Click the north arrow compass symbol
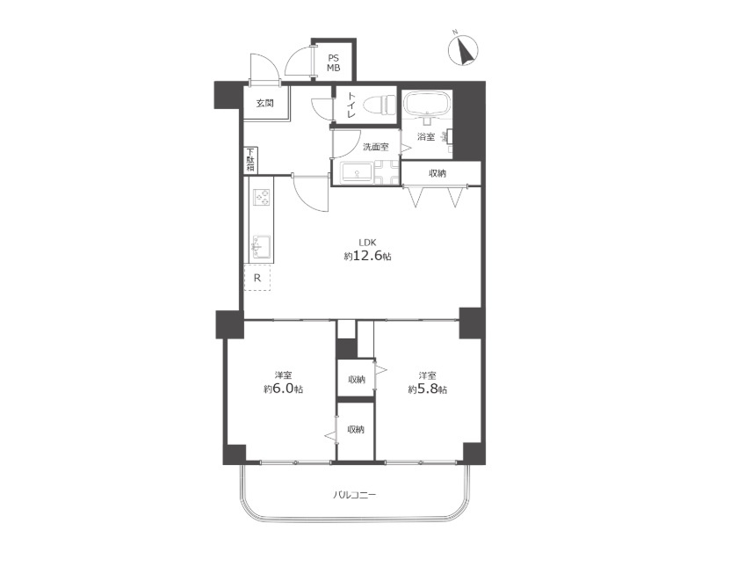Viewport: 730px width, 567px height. [463, 51]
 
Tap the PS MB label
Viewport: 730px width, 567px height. [333, 63]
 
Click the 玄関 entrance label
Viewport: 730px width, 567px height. [265, 103]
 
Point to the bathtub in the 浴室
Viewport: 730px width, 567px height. [426, 104]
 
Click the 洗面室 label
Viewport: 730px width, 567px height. [375, 147]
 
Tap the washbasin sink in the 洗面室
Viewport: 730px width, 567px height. [357, 172]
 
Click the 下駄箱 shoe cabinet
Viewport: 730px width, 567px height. [250, 161]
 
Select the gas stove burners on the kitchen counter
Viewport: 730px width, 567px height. [262, 197]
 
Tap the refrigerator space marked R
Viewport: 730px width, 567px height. [257, 278]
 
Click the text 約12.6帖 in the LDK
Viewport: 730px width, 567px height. [367, 256]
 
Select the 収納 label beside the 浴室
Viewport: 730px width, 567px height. [437, 173]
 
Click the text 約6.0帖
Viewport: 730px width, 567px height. [283, 389]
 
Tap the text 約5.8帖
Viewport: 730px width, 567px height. [428, 389]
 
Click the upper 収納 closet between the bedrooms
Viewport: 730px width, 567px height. [356, 378]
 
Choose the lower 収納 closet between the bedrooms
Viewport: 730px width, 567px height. [356, 431]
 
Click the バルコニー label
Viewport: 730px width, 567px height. [355, 494]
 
